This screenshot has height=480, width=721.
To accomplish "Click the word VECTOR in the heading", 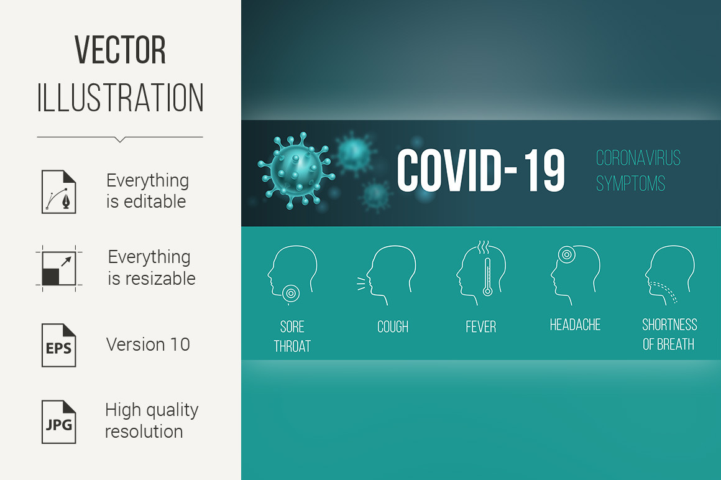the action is pos(120,50).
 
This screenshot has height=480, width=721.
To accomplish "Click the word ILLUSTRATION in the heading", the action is pos(120,98).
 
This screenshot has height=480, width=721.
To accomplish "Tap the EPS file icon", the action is pos(59,345).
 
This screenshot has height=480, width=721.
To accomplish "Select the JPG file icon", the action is pos(59,422).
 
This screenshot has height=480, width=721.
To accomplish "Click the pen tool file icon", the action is pos(59,192).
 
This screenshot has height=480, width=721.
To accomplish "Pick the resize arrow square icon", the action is pos(59,269).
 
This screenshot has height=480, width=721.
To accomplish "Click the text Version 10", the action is pos(147,344).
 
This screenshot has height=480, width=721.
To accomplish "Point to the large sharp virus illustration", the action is pos(296,170).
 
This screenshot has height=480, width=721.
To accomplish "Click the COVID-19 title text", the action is pos(480,170).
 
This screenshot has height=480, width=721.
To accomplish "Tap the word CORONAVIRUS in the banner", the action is pos(638,158).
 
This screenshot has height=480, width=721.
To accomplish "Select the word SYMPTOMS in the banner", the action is pos(630,183).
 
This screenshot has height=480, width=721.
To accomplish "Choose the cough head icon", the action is pos(387,275).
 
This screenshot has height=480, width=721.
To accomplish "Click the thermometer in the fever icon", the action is pos(487,276).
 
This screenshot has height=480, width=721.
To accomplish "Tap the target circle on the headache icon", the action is pos(566,254).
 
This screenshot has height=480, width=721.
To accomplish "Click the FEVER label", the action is pos(480,327).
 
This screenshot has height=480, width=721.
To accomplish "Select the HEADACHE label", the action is pos(575,325).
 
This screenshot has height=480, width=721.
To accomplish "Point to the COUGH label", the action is pos(393,327).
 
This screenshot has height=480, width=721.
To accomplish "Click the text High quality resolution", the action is pos(151,421).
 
